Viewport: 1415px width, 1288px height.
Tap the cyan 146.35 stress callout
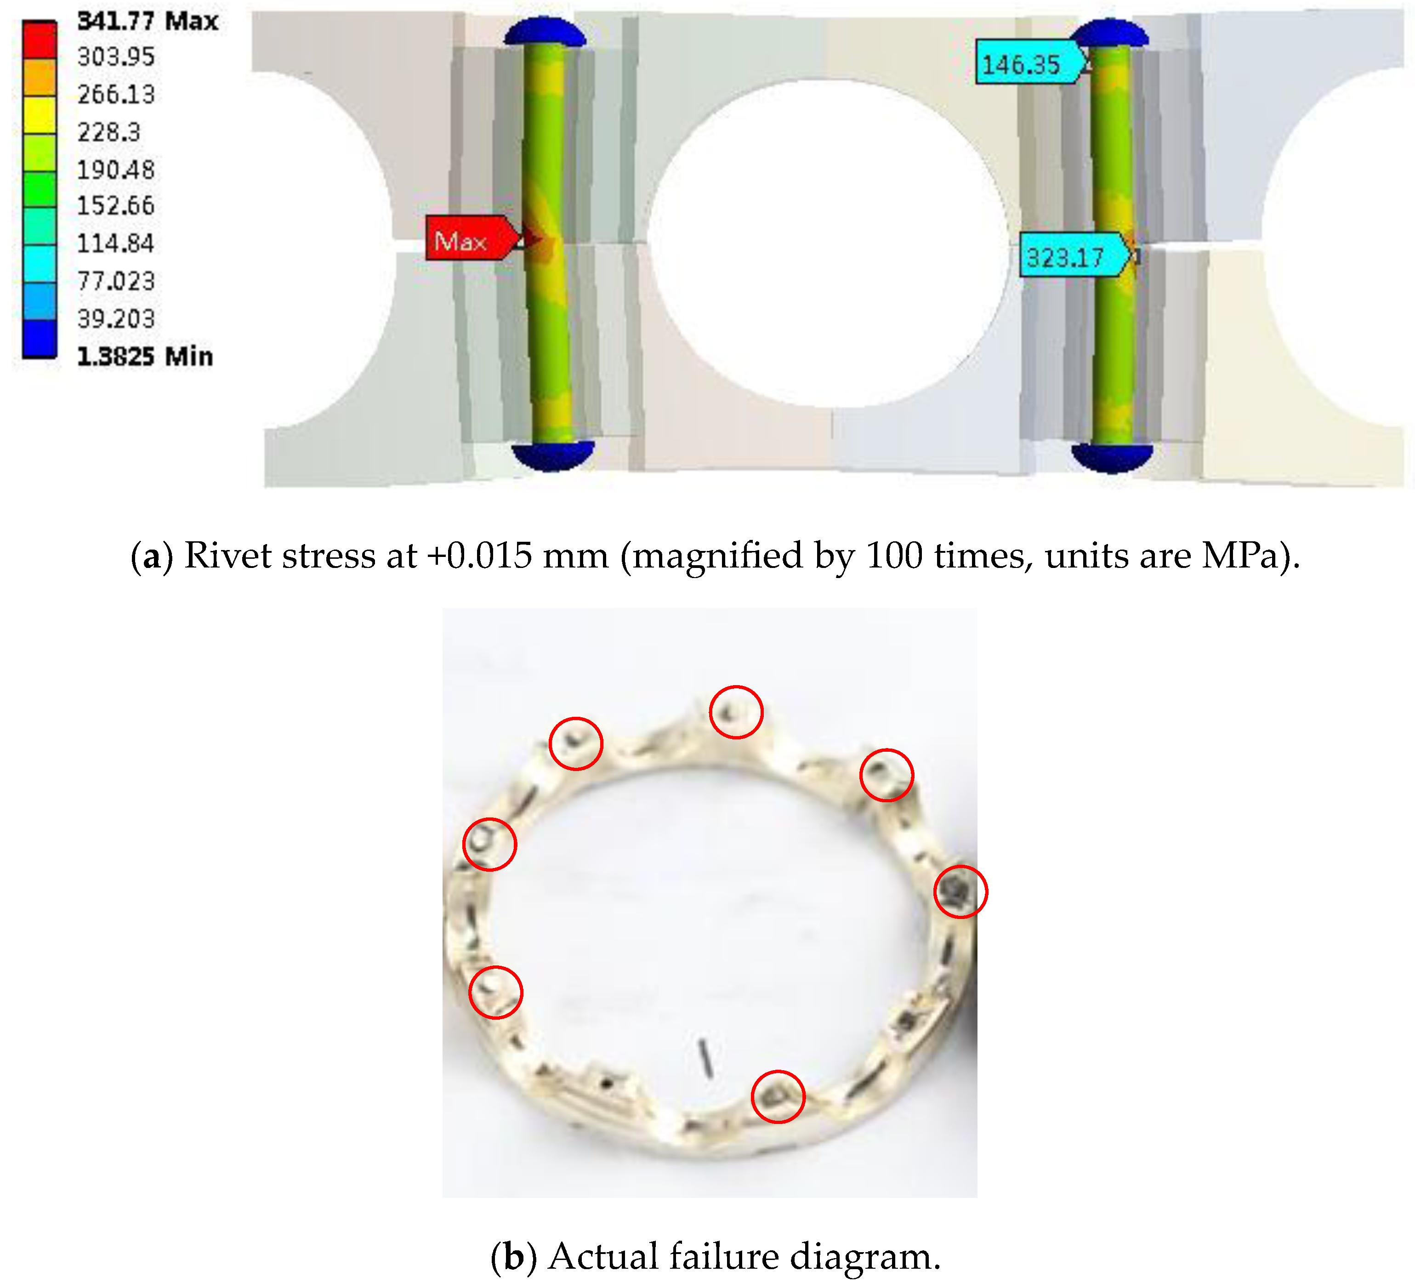(1030, 62)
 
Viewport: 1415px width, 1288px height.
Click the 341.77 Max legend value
(148, 21)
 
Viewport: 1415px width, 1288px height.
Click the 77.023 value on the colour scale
(116, 281)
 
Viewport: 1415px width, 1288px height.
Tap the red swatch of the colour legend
(40, 40)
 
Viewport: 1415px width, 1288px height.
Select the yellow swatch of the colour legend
(40, 114)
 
